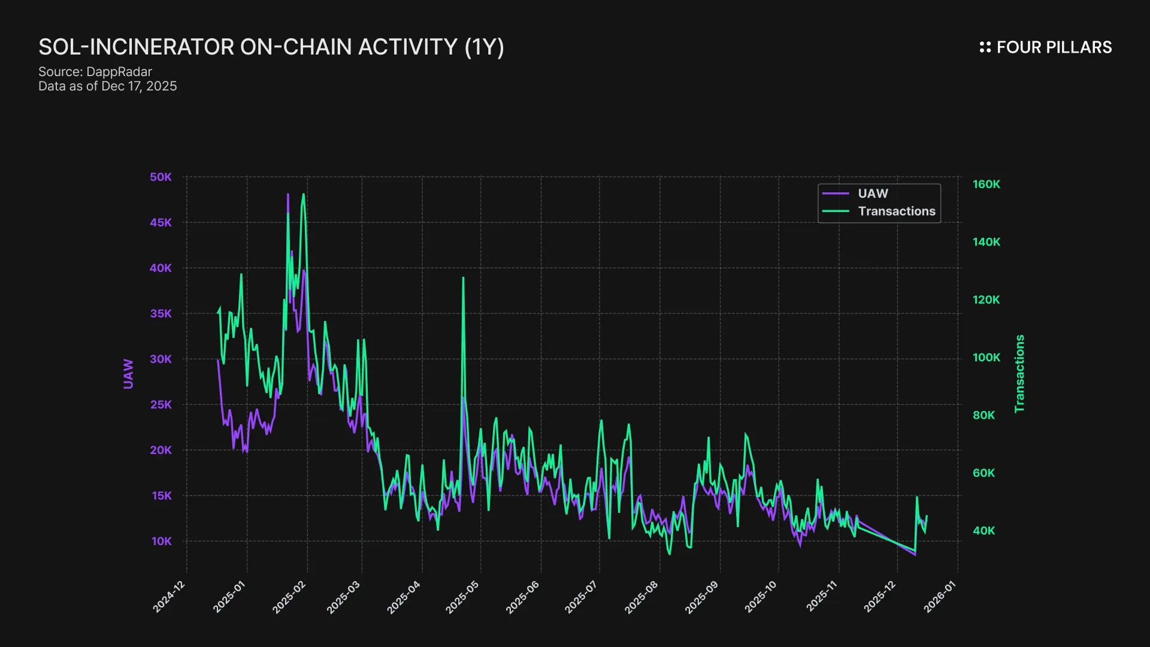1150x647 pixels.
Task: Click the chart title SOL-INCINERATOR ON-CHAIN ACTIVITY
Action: click(x=271, y=47)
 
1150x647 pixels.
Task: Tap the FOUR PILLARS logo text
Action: click(x=1054, y=47)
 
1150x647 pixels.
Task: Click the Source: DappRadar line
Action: click(x=95, y=72)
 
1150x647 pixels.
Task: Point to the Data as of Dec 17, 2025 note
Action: click(x=108, y=86)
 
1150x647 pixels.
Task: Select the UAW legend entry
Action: click(x=873, y=194)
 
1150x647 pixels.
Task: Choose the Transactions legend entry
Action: click(x=896, y=211)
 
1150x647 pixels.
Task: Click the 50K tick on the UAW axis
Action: click(x=161, y=177)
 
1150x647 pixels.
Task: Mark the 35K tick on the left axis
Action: click(x=161, y=313)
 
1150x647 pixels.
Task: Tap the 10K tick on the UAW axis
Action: click(x=161, y=541)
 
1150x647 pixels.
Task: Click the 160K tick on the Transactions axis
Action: click(x=986, y=184)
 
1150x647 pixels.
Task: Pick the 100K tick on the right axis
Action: click(x=986, y=358)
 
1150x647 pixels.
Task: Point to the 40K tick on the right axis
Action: click(x=983, y=531)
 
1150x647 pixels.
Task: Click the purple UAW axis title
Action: click(x=128, y=374)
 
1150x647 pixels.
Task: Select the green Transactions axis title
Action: click(x=1019, y=374)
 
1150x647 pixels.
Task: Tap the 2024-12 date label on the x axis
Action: click(x=169, y=597)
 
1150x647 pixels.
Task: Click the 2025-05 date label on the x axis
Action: click(x=462, y=597)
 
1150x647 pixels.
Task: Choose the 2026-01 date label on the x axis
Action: click(x=940, y=597)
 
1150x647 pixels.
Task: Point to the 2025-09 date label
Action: click(x=701, y=597)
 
